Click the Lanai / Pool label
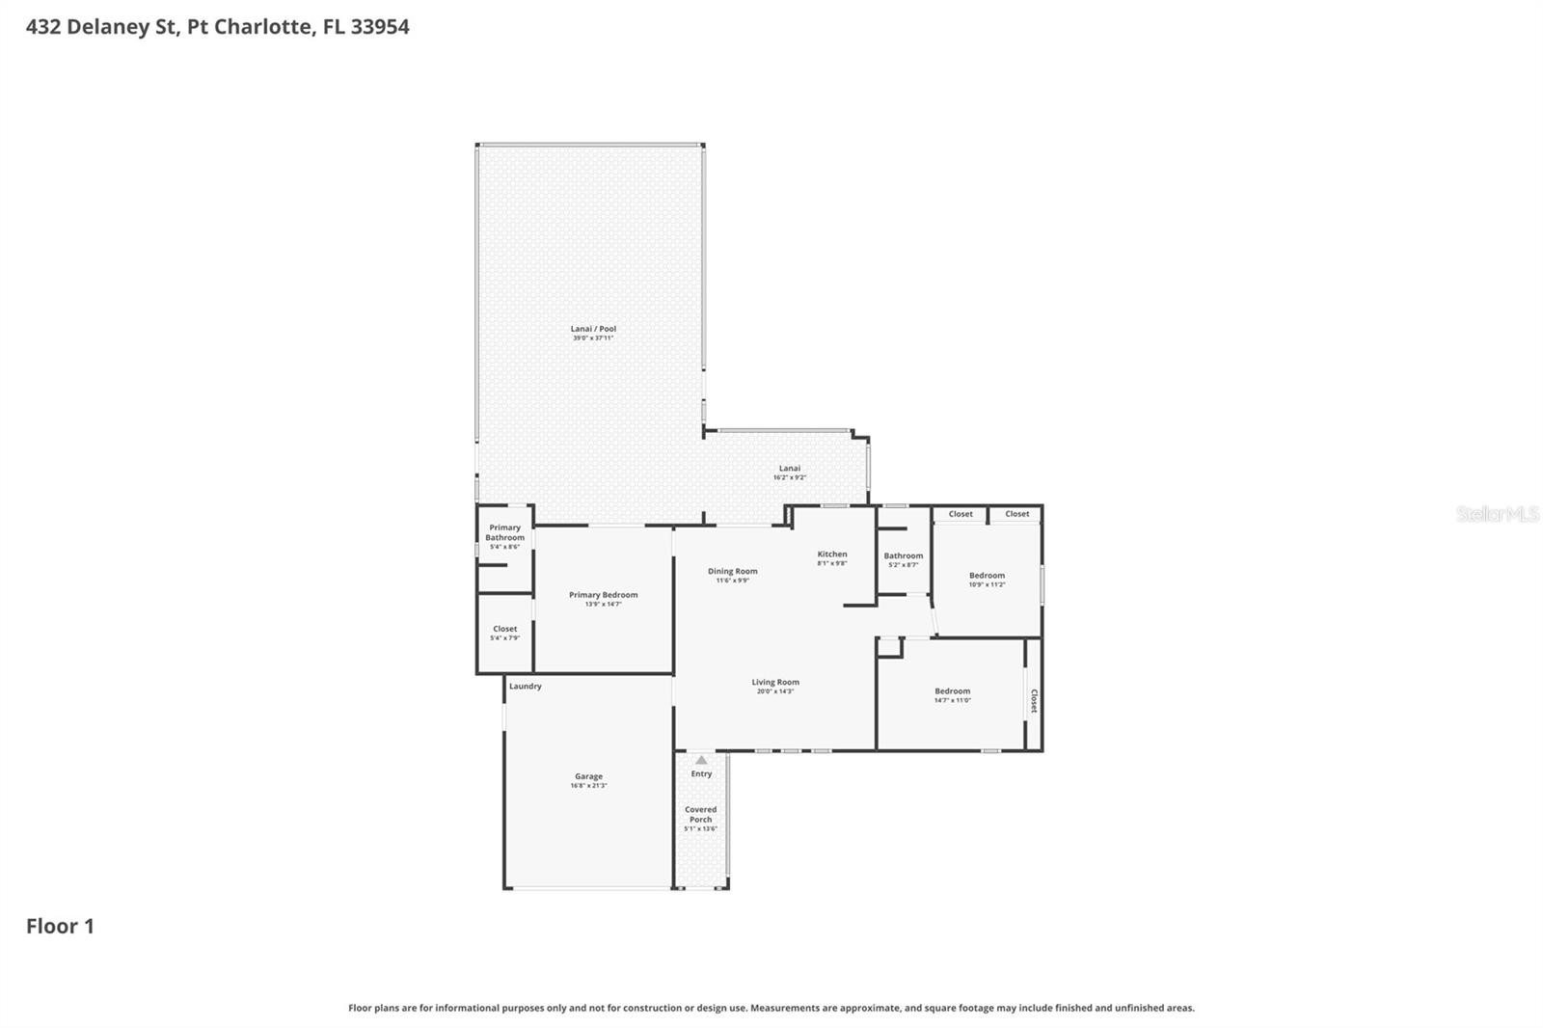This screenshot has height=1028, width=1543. click(593, 329)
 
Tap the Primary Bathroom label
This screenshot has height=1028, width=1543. click(504, 532)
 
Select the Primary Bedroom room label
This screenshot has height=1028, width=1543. click(603, 595)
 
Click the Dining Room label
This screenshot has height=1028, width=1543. click(732, 571)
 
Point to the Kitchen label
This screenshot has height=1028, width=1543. click(831, 554)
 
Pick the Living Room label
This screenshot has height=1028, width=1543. click(775, 682)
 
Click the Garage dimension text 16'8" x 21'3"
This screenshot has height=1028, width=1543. click(588, 786)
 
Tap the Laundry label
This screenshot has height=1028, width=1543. click(526, 687)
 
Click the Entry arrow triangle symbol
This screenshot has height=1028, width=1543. click(701, 760)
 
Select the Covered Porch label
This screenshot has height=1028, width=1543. click(700, 815)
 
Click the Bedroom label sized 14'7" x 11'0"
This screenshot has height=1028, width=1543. click(952, 690)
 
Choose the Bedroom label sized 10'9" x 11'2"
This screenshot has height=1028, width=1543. click(987, 575)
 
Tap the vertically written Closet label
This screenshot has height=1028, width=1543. click(1034, 700)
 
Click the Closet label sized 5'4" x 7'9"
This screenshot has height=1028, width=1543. click(504, 629)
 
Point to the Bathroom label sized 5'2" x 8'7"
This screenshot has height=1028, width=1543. click(903, 555)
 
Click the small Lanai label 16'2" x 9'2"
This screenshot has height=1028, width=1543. click(790, 469)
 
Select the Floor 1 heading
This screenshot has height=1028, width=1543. click(60, 926)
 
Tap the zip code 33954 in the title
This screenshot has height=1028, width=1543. click(380, 26)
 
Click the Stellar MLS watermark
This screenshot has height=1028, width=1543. click(1497, 514)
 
